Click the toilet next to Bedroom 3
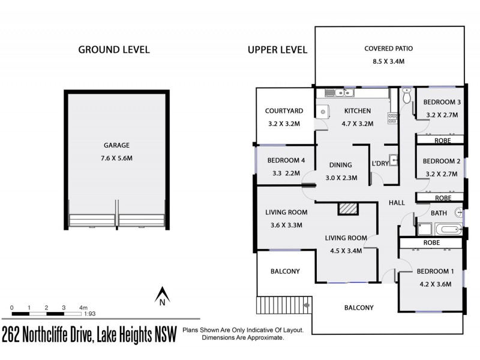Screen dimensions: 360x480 (x=407, y=96)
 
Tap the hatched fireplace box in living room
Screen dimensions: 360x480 (x=347, y=208)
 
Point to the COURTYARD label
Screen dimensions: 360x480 (x=284, y=111)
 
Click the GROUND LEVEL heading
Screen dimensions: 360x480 (x=114, y=49)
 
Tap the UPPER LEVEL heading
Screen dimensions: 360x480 (x=277, y=49)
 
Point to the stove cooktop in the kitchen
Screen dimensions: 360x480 (x=392, y=118)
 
